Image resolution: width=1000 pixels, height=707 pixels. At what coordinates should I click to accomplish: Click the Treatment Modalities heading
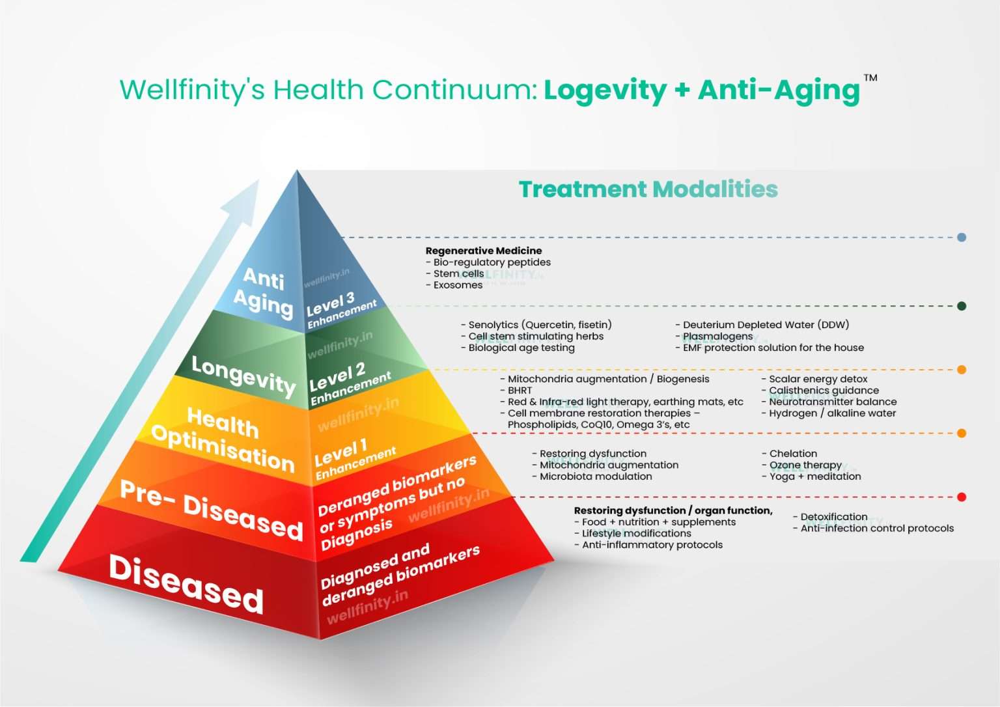(x=648, y=189)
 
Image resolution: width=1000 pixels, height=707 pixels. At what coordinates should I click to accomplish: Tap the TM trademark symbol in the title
(x=870, y=78)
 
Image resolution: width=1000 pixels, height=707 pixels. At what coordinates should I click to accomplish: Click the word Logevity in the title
(x=605, y=90)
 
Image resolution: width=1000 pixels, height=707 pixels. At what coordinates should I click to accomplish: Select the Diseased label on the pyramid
(x=186, y=584)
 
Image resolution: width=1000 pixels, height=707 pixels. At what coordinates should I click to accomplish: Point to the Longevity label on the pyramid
(x=243, y=376)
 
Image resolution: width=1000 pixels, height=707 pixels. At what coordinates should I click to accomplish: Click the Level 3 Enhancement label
(x=340, y=309)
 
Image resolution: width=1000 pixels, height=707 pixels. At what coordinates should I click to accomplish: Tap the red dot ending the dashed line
(x=962, y=497)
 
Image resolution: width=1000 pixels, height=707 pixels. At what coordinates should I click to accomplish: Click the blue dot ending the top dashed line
(x=962, y=238)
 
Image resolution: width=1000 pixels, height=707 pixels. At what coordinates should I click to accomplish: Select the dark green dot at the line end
(x=962, y=306)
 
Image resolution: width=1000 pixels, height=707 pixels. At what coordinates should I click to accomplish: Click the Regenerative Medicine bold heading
(x=483, y=251)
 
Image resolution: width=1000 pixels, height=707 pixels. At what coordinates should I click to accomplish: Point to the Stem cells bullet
(x=458, y=273)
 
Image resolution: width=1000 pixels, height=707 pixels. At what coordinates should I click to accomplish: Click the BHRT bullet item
(x=519, y=391)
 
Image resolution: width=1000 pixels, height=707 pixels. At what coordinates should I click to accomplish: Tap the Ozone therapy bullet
(x=805, y=465)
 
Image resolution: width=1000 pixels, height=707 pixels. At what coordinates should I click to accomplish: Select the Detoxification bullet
(x=833, y=517)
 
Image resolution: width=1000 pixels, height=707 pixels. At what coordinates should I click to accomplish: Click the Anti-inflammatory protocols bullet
(x=651, y=545)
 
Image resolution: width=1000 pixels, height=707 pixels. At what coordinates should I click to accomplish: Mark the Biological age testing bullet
(x=521, y=348)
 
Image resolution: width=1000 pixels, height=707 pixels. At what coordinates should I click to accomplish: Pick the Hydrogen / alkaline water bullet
(x=831, y=413)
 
